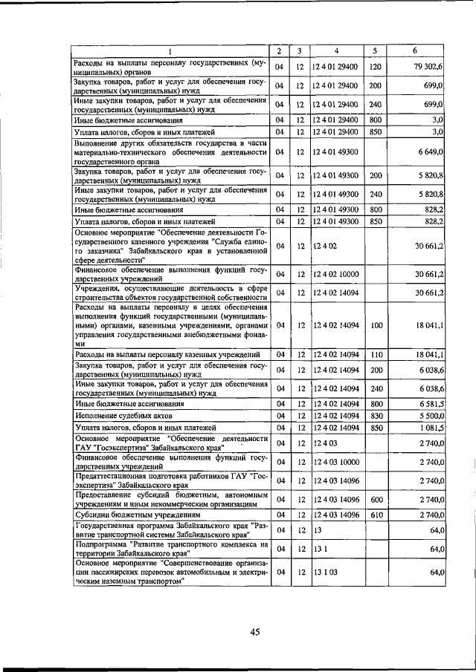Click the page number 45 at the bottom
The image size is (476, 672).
(254, 632)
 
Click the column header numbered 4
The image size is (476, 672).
(336, 50)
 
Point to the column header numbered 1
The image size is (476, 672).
(170, 50)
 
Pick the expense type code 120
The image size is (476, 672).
(375, 67)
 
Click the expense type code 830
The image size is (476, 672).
(375, 416)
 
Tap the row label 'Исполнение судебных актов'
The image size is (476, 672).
(123, 416)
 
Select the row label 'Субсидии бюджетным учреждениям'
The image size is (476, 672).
(132, 514)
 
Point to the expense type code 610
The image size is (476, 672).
(375, 514)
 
